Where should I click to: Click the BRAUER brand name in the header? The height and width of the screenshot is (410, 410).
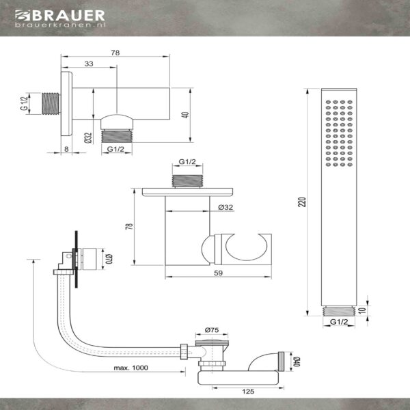point(69,16)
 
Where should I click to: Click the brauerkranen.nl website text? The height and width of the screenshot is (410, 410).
point(60,25)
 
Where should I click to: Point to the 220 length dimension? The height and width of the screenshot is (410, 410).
point(302,202)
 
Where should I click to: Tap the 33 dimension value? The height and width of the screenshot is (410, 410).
point(89,64)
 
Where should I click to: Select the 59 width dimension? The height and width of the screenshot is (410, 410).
point(219,273)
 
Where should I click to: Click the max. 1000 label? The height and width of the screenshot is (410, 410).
point(131,368)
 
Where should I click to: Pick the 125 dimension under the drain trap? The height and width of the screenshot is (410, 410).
point(248,391)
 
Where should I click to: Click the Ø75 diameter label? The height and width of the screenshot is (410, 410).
point(212,330)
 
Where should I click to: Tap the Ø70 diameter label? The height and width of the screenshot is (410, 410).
point(109,259)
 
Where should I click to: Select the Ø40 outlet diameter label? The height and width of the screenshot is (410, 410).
point(297,361)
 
